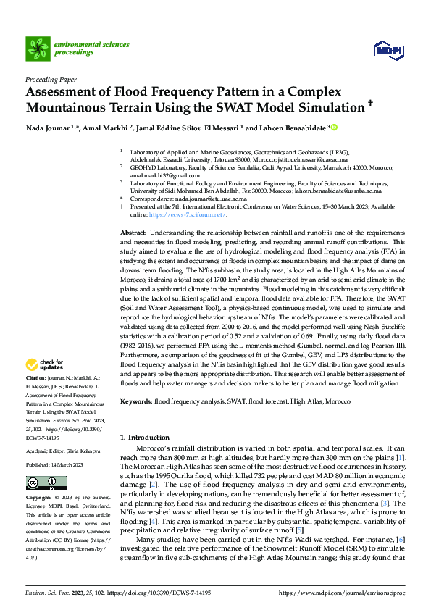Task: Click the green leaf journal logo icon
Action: [x=36, y=49]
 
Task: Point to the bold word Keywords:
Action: [x=138, y=401]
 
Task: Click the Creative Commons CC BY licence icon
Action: [x=46, y=482]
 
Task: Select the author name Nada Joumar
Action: [x=47, y=128]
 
